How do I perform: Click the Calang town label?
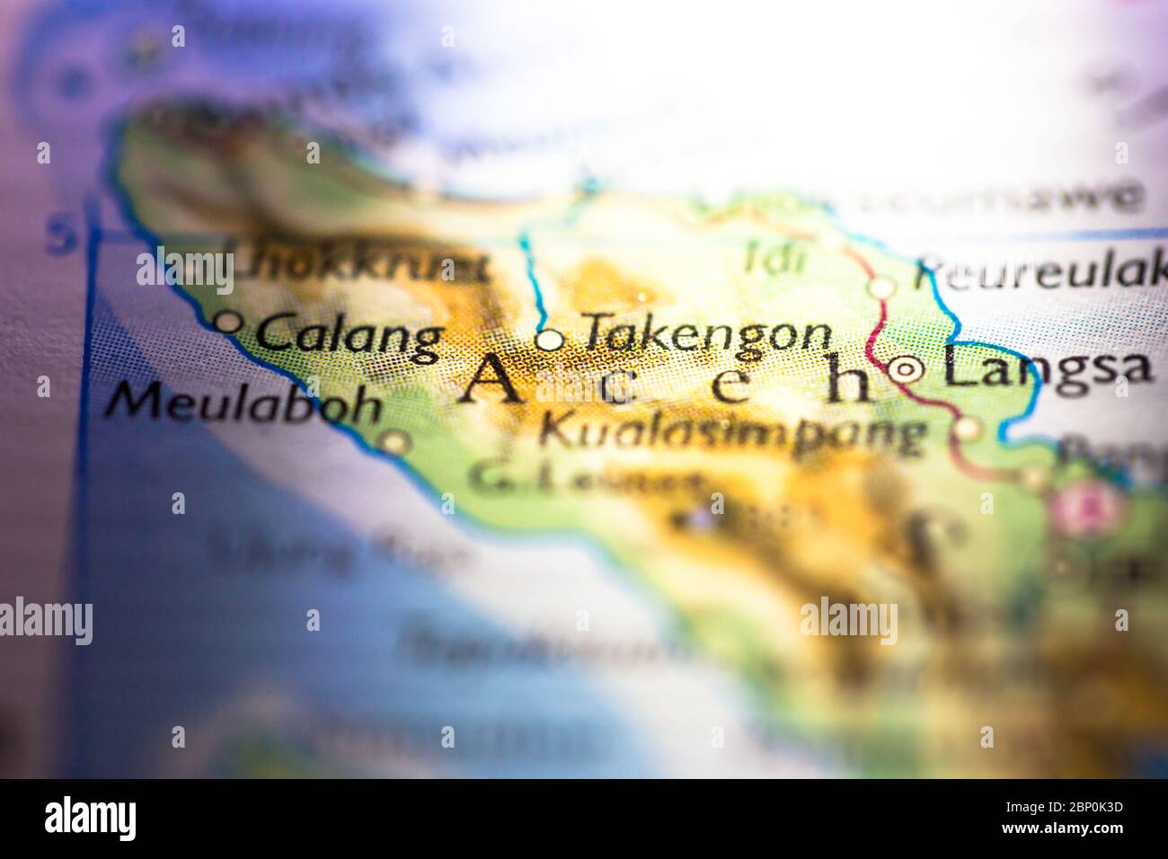pyautogui.click(x=349, y=336)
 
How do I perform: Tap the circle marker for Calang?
pyautogui.click(x=229, y=321)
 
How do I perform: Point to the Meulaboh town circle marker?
pyautogui.click(x=394, y=442)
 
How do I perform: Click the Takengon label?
pyautogui.click(x=707, y=334)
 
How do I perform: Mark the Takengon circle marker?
pyautogui.click(x=550, y=341)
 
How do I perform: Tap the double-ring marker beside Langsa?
pyautogui.click(x=906, y=368)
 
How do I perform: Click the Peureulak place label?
pyautogui.click(x=1040, y=272)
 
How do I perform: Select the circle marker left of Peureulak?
pyautogui.click(x=883, y=288)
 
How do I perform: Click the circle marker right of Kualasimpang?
pyautogui.click(x=966, y=429)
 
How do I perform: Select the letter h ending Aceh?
pyautogui.click(x=848, y=385)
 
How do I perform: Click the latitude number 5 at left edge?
pyautogui.click(x=62, y=237)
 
